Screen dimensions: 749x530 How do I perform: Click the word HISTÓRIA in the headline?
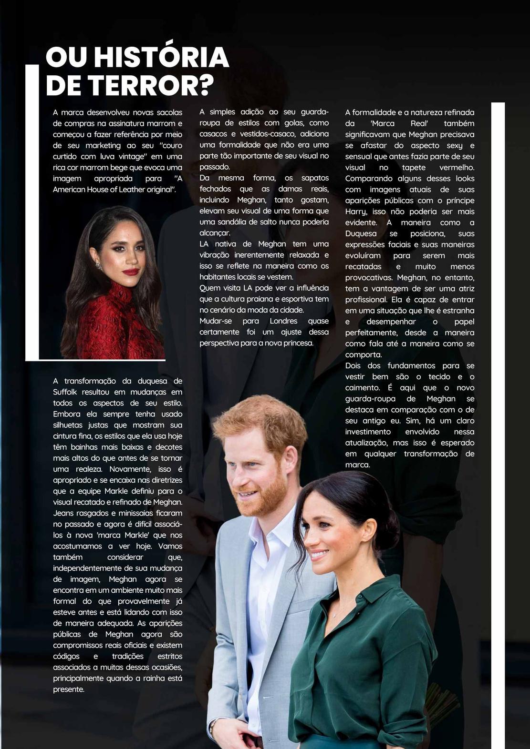[161, 57]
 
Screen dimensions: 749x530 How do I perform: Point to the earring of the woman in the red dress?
[99, 265]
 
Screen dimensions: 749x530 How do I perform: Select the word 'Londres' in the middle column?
[283, 321]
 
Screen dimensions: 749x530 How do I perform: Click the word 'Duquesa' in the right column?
[361, 233]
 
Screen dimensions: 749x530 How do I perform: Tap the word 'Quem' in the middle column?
[210, 288]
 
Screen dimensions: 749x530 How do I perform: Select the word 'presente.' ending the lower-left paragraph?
[69, 689]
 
